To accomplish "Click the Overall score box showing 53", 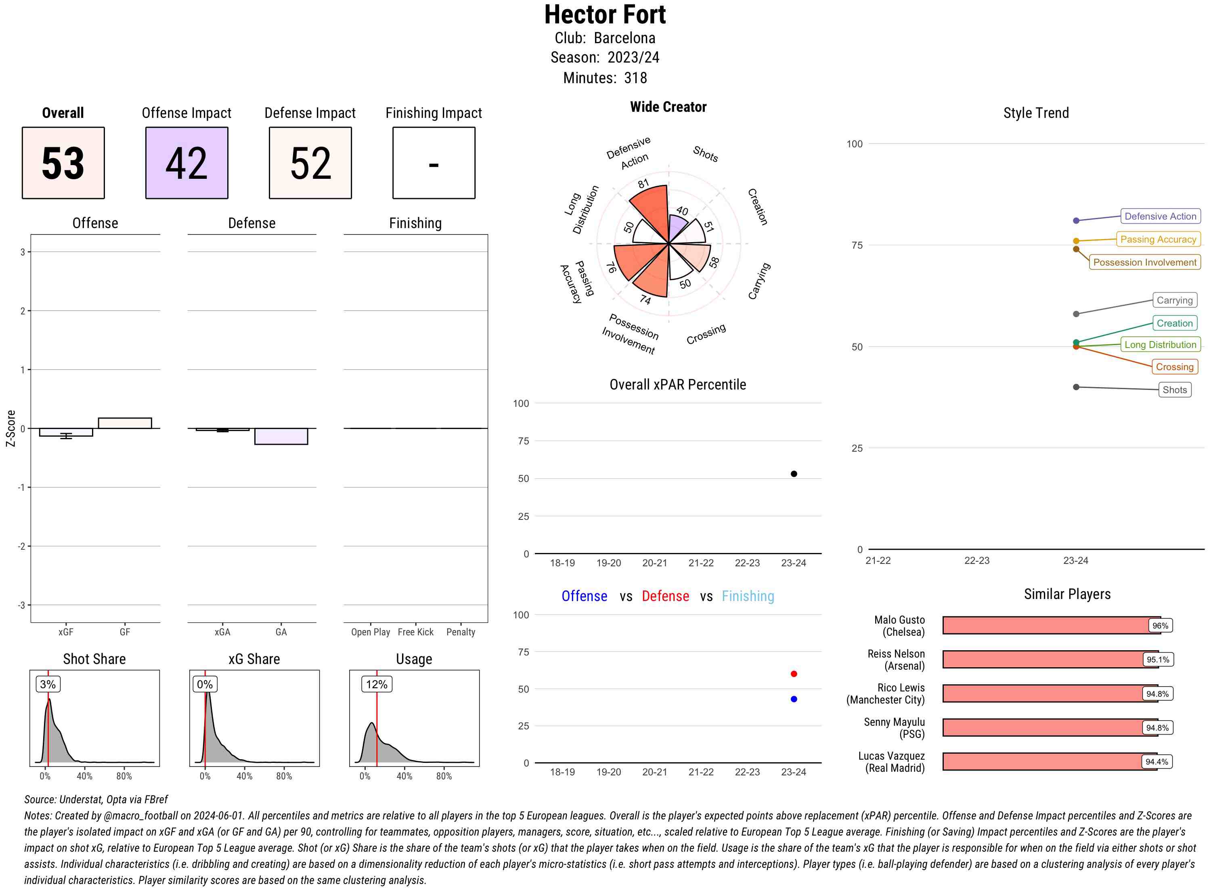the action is point(63,163).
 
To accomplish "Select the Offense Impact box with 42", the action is point(186,163).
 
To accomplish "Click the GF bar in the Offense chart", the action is point(125,423).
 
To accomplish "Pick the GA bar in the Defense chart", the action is point(281,436).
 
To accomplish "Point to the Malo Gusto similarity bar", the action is point(1052,625).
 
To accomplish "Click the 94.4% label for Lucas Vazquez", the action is point(1157,762).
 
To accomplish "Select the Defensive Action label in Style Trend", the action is point(1161,216).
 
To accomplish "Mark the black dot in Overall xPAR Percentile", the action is point(794,473).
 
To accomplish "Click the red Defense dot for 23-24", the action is point(794,674).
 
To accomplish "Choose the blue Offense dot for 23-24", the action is point(794,699).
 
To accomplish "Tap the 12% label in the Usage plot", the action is point(377,684).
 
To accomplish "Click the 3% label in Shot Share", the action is point(48,684).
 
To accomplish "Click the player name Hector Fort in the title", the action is point(605,15).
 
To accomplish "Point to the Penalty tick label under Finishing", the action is point(461,632).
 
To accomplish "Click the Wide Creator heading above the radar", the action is point(668,107).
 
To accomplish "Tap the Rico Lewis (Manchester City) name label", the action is point(886,693).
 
